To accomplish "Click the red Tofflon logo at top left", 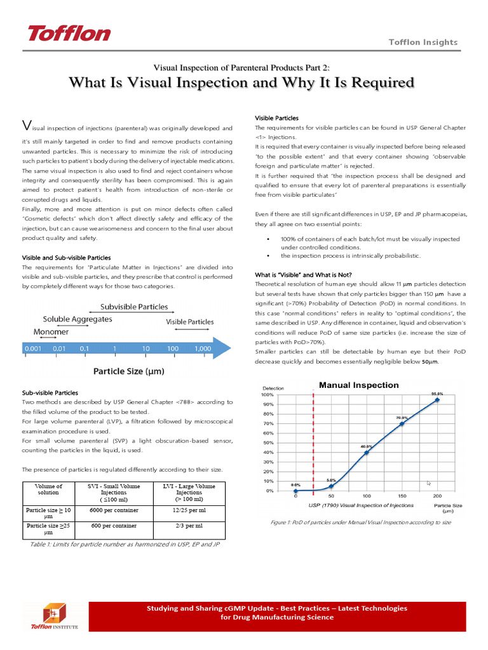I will pyautogui.click(x=68, y=33).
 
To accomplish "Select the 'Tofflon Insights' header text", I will pyautogui.click(x=423, y=42).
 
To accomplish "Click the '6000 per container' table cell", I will pyautogui.click(x=114, y=510).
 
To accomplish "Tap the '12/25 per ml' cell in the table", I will pyautogui.click(x=188, y=510).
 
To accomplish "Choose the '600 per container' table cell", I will pyautogui.click(x=114, y=526).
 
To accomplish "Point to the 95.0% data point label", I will pyautogui.click(x=437, y=394).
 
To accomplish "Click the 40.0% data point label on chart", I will pyautogui.click(x=366, y=447).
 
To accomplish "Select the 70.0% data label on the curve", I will pyautogui.click(x=402, y=418).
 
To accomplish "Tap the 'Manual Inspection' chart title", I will pyautogui.click(x=358, y=385).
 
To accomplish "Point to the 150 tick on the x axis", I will pyautogui.click(x=402, y=496).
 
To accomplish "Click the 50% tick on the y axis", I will pyautogui.click(x=268, y=442).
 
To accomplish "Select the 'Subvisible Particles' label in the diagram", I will pyautogui.click(x=134, y=307).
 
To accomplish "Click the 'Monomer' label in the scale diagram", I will pyautogui.click(x=51, y=331).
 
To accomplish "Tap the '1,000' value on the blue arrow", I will pyautogui.click(x=202, y=348).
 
